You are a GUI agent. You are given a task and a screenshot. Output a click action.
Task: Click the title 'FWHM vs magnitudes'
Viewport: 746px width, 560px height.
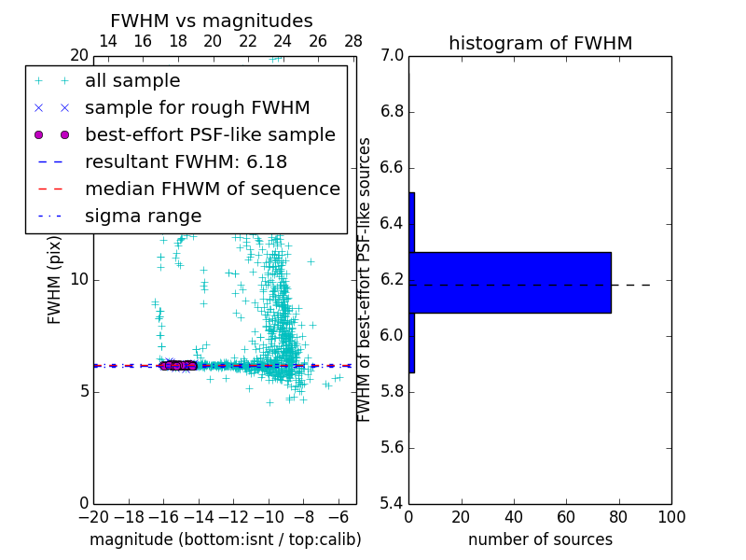[x=212, y=21]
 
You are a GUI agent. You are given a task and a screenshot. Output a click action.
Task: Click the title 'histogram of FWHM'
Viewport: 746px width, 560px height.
[x=540, y=43]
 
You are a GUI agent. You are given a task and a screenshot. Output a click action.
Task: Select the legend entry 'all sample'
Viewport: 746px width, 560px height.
[x=132, y=81]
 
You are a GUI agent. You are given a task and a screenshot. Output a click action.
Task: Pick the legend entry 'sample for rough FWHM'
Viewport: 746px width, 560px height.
[x=197, y=108]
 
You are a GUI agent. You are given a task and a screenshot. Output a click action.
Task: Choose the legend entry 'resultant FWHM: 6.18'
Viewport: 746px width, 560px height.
[x=186, y=161]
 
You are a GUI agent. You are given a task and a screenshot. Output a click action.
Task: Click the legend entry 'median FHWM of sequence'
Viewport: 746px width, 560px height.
[x=212, y=189]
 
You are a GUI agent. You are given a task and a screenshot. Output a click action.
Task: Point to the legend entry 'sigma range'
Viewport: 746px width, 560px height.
[x=143, y=216]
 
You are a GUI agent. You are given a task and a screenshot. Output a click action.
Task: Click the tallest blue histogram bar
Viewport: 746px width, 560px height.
[x=510, y=283]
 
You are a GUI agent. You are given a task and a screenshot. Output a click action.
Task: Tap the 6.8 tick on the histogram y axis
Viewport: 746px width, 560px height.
[x=392, y=111]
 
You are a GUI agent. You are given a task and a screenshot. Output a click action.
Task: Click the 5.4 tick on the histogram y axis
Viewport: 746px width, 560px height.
[x=392, y=503]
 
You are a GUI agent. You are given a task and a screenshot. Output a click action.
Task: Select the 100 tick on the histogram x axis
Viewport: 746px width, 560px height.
[x=671, y=517]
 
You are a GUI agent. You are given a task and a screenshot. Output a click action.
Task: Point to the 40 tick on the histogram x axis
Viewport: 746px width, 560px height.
[x=514, y=517]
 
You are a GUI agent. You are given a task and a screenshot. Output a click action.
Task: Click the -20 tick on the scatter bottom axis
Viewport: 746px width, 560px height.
[x=93, y=517]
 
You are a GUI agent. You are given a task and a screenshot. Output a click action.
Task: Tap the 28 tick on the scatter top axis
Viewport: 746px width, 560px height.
[x=353, y=41]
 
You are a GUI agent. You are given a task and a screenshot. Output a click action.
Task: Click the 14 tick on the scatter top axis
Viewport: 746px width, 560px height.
[x=107, y=41]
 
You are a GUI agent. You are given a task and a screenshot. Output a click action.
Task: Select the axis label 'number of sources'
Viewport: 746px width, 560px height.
[x=540, y=539]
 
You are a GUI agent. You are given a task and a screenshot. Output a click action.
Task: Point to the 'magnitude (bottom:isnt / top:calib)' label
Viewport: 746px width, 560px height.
[x=225, y=539]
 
